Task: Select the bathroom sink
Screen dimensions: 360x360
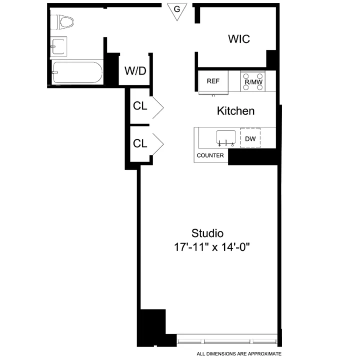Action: click(x=58, y=46)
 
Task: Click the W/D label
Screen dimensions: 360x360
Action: click(x=135, y=71)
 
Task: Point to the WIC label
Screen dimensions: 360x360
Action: click(x=238, y=39)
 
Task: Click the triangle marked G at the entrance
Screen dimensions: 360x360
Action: click(x=175, y=10)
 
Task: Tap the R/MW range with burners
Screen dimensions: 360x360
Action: click(x=253, y=81)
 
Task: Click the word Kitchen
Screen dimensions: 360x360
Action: click(x=235, y=111)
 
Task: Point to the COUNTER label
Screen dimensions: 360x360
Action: click(x=210, y=155)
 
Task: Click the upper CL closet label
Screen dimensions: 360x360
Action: click(x=140, y=106)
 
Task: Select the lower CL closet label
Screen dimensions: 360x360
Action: click(x=140, y=143)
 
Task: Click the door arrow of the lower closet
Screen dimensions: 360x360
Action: click(x=157, y=143)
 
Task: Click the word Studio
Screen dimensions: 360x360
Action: click(x=207, y=233)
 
